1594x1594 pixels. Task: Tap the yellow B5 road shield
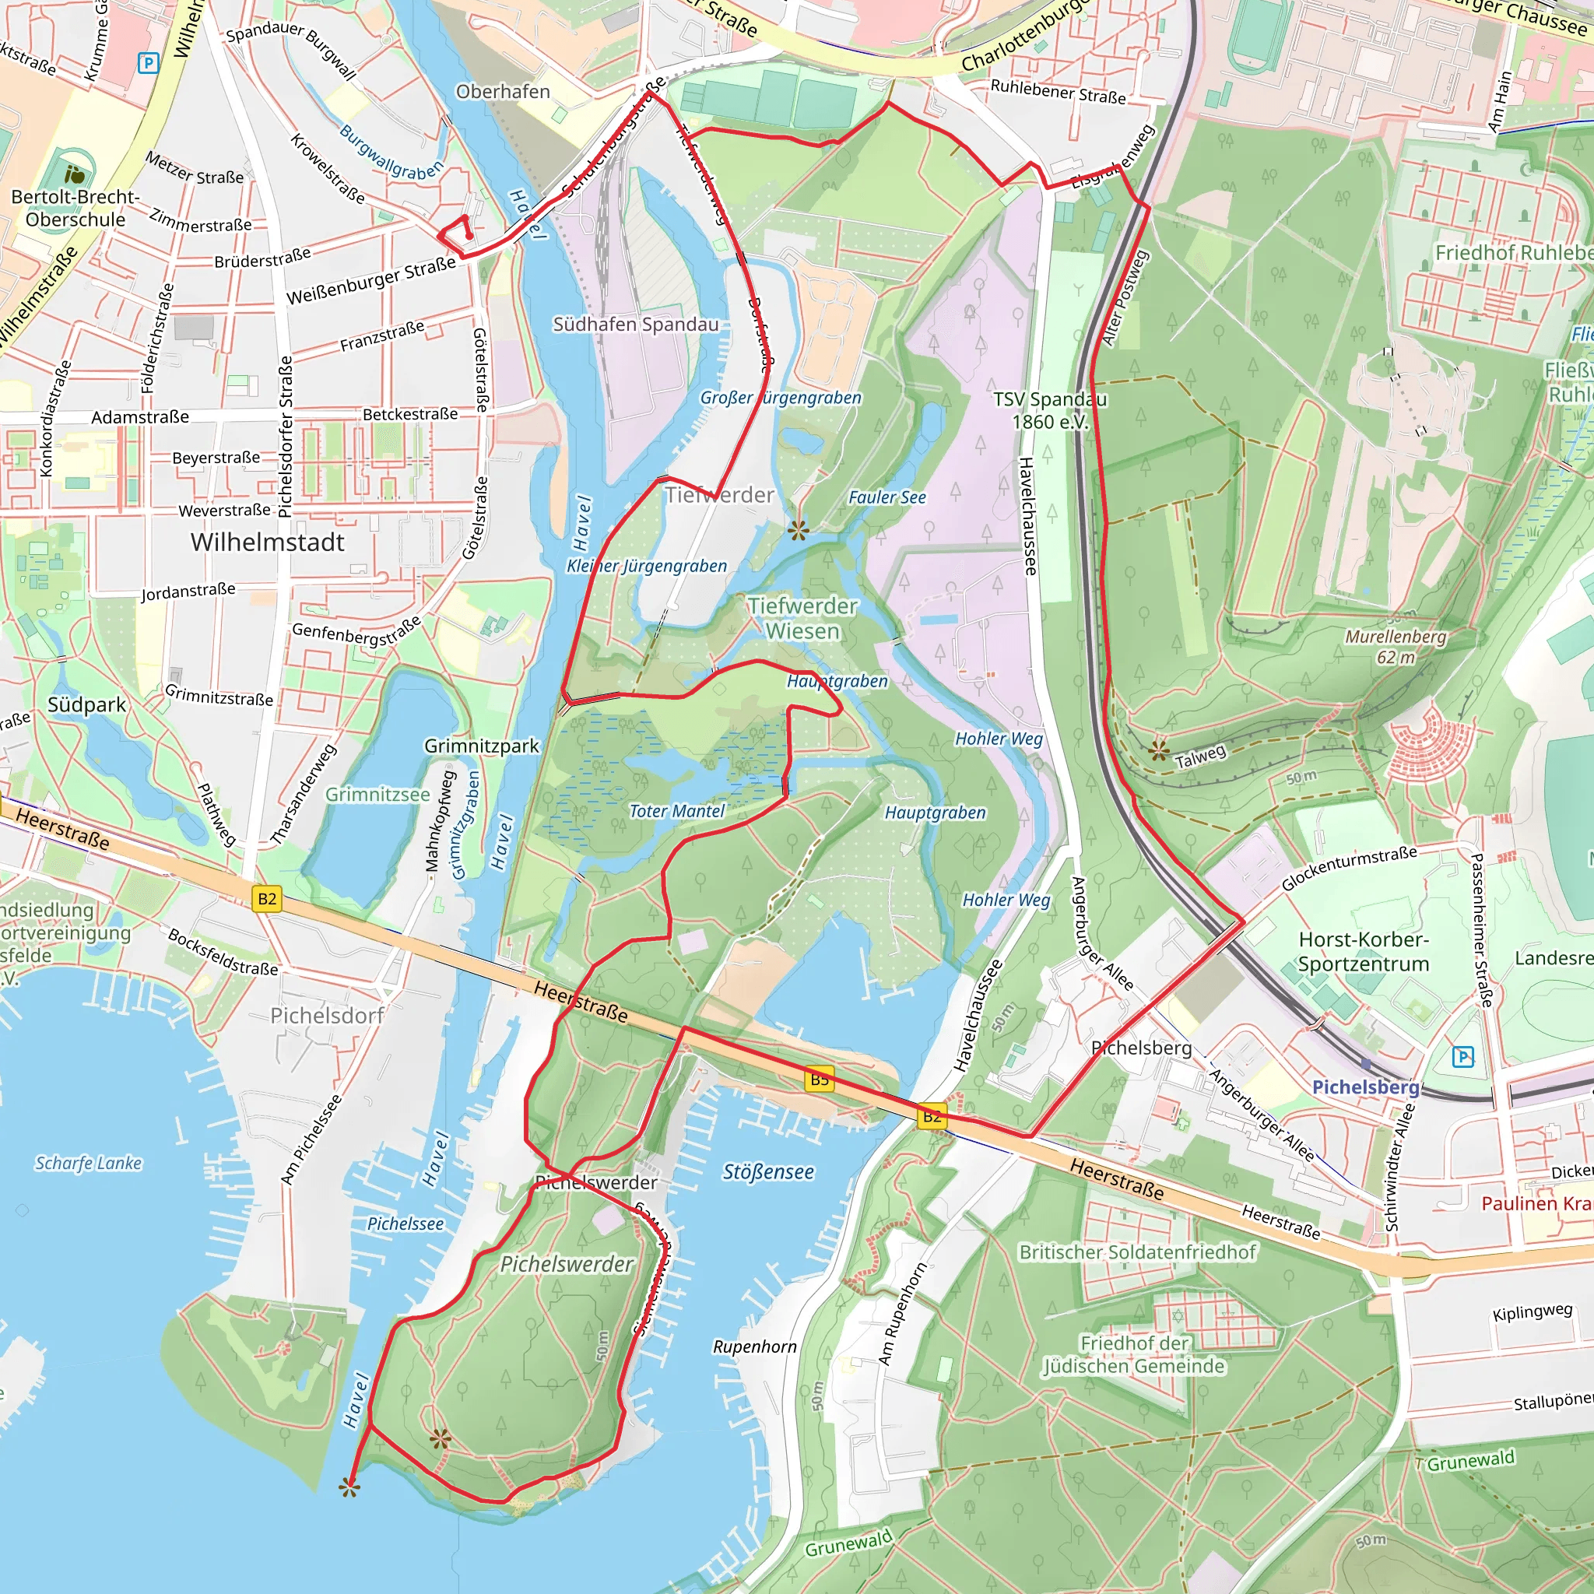click(819, 1080)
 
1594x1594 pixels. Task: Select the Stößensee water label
click(768, 1171)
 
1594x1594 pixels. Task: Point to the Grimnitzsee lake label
click(377, 795)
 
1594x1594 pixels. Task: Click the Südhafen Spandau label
click(635, 325)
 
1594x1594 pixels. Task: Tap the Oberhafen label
click(503, 92)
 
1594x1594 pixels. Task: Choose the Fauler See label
click(887, 497)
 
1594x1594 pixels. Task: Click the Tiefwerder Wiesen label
click(802, 618)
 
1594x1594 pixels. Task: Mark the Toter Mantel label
click(676, 811)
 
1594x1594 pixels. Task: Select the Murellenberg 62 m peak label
click(1396, 647)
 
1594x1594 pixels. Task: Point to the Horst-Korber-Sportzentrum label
click(1363, 951)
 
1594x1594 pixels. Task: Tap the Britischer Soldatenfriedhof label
click(1137, 1252)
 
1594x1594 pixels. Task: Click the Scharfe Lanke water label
click(88, 1164)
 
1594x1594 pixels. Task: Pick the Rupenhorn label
click(755, 1346)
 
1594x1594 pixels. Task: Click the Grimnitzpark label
click(481, 746)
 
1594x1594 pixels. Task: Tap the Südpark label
click(86, 704)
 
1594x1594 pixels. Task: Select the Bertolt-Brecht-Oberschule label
click(75, 208)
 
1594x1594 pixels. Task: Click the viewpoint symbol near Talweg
click(1159, 750)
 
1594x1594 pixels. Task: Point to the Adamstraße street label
click(139, 417)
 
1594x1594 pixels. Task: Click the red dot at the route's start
click(469, 236)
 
